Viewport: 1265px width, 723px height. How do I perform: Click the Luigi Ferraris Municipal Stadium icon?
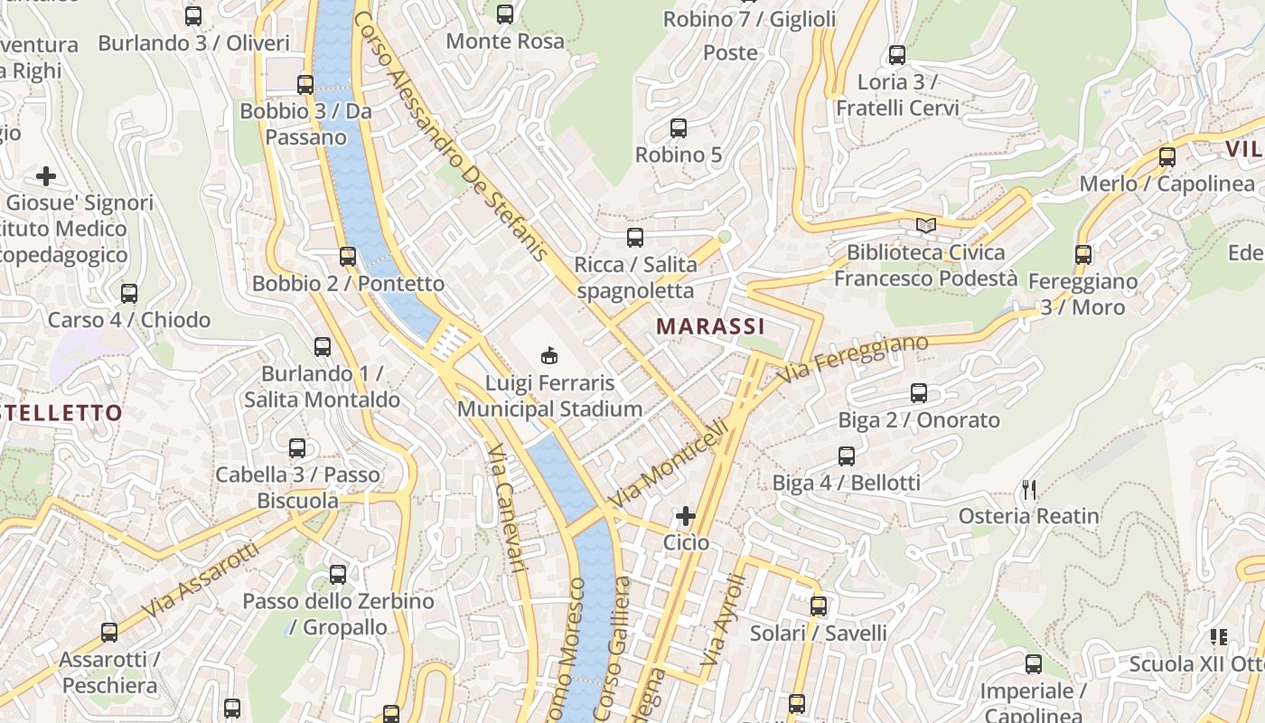[548, 355]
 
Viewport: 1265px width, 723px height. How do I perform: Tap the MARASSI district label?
[710, 326]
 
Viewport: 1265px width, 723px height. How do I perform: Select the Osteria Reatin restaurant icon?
[1028, 490]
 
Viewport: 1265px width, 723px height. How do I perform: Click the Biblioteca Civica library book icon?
[925, 225]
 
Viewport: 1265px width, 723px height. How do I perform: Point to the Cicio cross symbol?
[686, 516]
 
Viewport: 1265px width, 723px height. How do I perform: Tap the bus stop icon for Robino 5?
[679, 127]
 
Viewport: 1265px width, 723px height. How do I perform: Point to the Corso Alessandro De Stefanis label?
[451, 136]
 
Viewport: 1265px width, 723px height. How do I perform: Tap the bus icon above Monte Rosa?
[505, 14]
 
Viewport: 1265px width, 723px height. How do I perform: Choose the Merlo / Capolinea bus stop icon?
[1167, 156]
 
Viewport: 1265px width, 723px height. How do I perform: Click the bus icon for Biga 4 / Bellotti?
[847, 456]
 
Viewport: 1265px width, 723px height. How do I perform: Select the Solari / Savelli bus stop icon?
[819, 606]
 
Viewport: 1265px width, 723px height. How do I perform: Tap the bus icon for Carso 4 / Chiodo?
[129, 293]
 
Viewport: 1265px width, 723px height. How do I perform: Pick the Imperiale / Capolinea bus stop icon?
[1034, 664]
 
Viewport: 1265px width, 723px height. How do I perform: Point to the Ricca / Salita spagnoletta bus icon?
[635, 238]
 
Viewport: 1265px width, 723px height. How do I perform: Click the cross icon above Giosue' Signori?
[46, 175]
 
